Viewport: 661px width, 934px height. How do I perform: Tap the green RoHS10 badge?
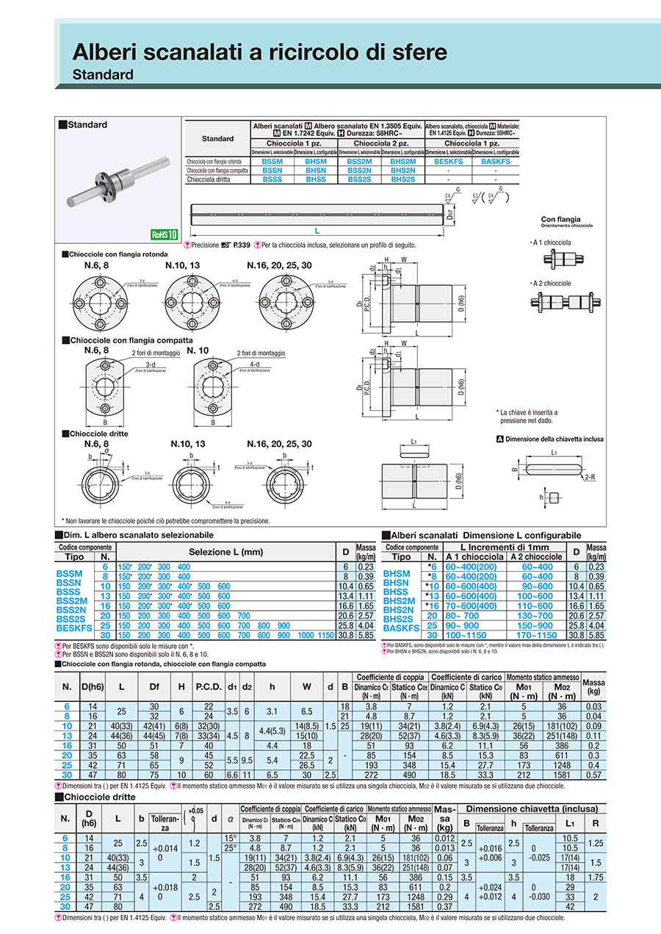(x=165, y=235)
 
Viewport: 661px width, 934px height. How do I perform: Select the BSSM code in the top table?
(x=272, y=161)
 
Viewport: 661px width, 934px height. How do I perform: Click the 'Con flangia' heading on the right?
(x=560, y=219)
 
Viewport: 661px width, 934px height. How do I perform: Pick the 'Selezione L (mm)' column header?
(x=225, y=552)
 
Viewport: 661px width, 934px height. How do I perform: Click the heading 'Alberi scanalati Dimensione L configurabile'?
(x=486, y=536)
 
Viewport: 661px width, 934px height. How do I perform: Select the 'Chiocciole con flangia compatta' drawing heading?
(x=131, y=340)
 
